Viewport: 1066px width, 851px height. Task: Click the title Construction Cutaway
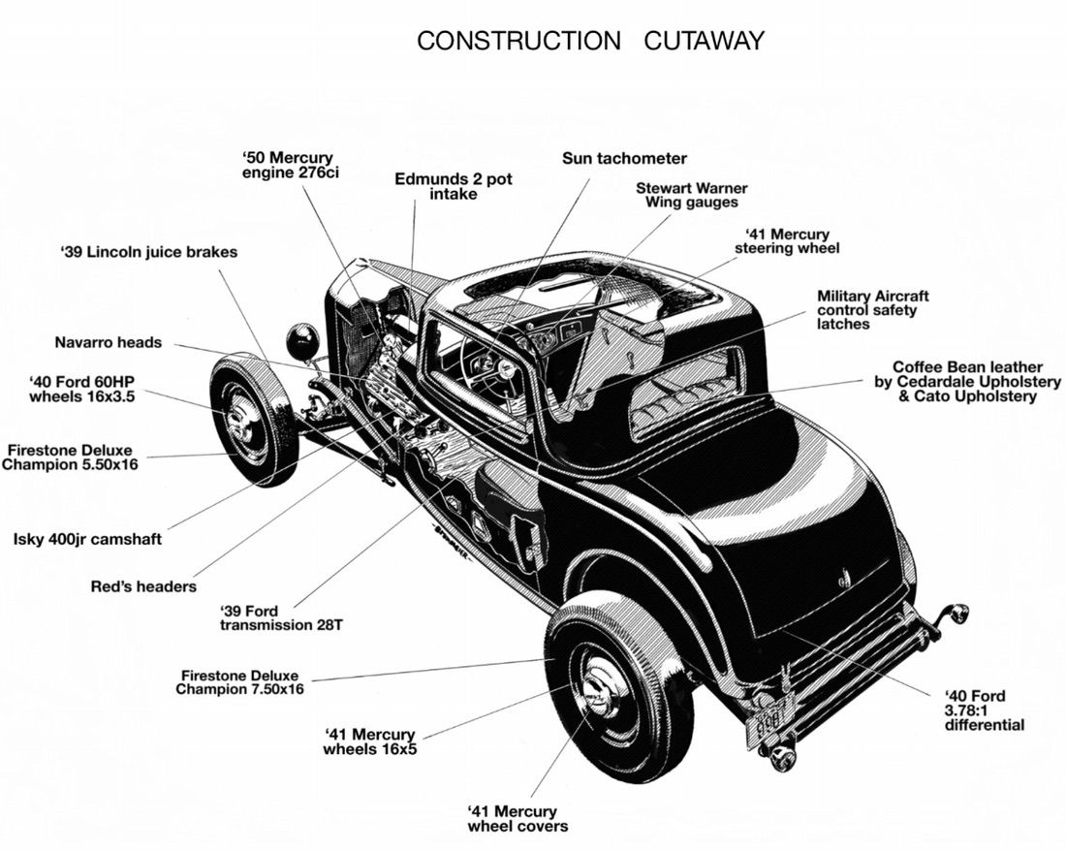click(x=590, y=41)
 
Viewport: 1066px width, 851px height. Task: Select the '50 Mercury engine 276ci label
click(x=287, y=165)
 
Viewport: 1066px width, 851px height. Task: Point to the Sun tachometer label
click(x=624, y=158)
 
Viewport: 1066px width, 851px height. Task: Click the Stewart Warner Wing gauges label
click(x=691, y=195)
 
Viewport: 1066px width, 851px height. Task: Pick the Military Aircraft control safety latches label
click(x=872, y=310)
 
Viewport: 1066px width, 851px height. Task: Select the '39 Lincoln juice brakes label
click(x=148, y=252)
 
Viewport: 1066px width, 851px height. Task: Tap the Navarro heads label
click(x=108, y=342)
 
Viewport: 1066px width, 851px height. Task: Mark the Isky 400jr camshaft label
click(x=87, y=539)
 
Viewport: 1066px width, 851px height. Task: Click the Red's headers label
click(x=142, y=586)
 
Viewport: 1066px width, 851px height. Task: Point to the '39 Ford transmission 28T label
click(x=281, y=617)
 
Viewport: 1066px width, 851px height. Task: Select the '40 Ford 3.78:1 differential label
click(x=983, y=709)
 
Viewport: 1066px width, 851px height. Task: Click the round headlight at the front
click(x=302, y=342)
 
